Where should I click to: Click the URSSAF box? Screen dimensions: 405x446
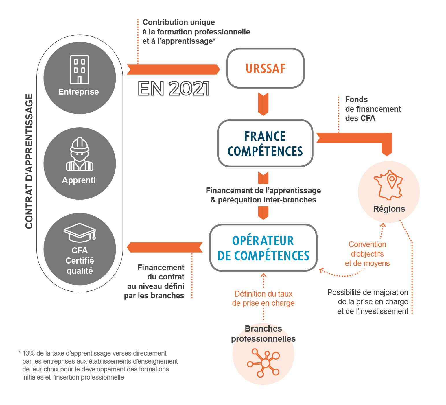point(266,69)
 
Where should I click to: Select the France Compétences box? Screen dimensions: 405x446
point(265,144)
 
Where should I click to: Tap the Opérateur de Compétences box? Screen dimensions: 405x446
point(263,248)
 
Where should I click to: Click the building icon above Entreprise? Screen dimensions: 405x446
point(80,69)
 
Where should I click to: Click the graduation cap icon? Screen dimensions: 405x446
point(80,232)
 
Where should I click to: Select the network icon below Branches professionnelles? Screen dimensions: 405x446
point(263,363)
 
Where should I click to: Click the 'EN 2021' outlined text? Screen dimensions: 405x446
point(174,89)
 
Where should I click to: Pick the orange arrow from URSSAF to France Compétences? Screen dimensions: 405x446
point(263,104)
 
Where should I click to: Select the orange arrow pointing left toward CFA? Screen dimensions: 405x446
point(165,247)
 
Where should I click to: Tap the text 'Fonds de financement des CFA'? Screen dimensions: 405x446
point(373,109)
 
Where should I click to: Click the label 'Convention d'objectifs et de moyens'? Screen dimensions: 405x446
point(367,254)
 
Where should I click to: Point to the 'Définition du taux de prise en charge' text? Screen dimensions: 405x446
point(263,298)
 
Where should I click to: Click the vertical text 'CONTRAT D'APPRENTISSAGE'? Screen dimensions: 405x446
point(29,161)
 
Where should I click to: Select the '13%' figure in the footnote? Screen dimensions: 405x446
point(28,353)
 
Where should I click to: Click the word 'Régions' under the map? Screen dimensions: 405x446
point(389,209)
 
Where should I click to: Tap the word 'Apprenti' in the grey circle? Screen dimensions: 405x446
point(79,180)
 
